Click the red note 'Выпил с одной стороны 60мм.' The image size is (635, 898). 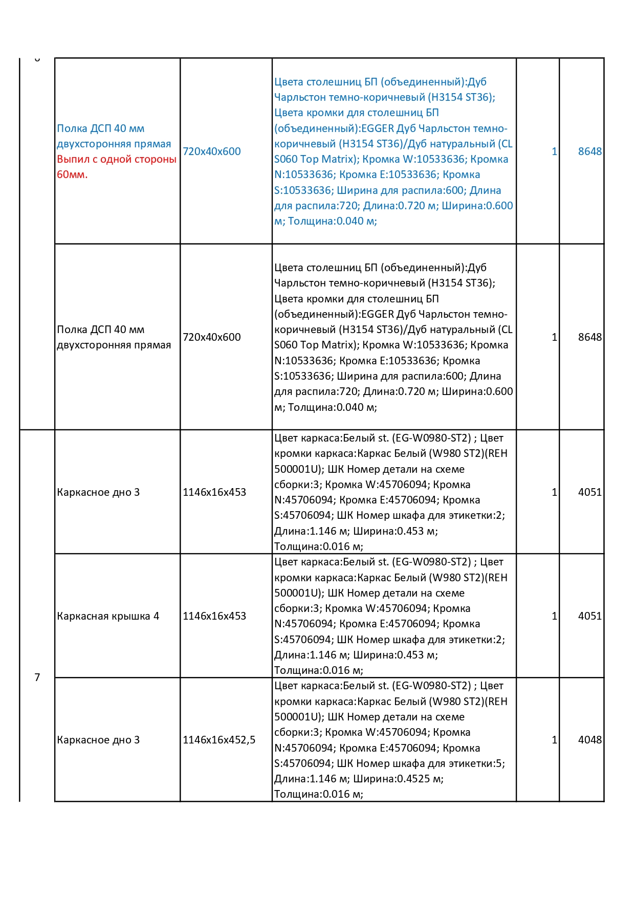pos(116,167)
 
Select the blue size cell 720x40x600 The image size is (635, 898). pos(211,151)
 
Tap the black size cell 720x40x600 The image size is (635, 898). pos(211,337)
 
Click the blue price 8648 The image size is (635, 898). pos(589,151)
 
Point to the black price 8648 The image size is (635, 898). pos(589,337)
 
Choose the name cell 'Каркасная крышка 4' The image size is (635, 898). pos(108,616)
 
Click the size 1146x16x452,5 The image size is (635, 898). pos(218,740)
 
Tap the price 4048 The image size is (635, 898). pos(589,740)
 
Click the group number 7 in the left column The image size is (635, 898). pos(37,677)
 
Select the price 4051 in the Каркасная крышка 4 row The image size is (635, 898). pos(589,616)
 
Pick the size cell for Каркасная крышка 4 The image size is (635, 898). pos(214,616)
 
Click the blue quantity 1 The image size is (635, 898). pos(554,151)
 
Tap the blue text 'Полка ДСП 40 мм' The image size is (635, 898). pos(100,128)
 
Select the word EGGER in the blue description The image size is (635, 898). pos(378,128)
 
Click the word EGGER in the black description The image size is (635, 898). pos(378,314)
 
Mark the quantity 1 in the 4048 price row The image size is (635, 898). pos(554,740)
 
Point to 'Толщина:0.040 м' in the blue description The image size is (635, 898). pos(332,221)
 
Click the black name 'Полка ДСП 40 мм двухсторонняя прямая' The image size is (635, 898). pos(114,337)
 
